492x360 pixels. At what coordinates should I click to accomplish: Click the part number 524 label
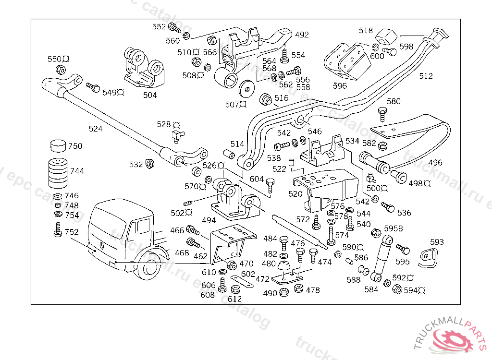click(x=96, y=129)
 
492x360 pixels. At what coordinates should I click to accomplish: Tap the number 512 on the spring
click(x=426, y=76)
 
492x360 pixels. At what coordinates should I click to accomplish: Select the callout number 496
click(x=435, y=163)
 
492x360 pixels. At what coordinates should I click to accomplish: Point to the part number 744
click(x=77, y=171)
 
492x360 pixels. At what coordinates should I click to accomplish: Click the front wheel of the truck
click(x=151, y=270)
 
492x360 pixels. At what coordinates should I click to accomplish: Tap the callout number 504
click(x=150, y=95)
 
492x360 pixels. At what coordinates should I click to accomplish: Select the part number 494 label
click(x=209, y=220)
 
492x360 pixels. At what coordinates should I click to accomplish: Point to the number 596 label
click(x=340, y=86)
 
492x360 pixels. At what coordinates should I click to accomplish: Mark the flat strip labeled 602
click(x=242, y=282)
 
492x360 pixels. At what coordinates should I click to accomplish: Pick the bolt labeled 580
click(x=382, y=114)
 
